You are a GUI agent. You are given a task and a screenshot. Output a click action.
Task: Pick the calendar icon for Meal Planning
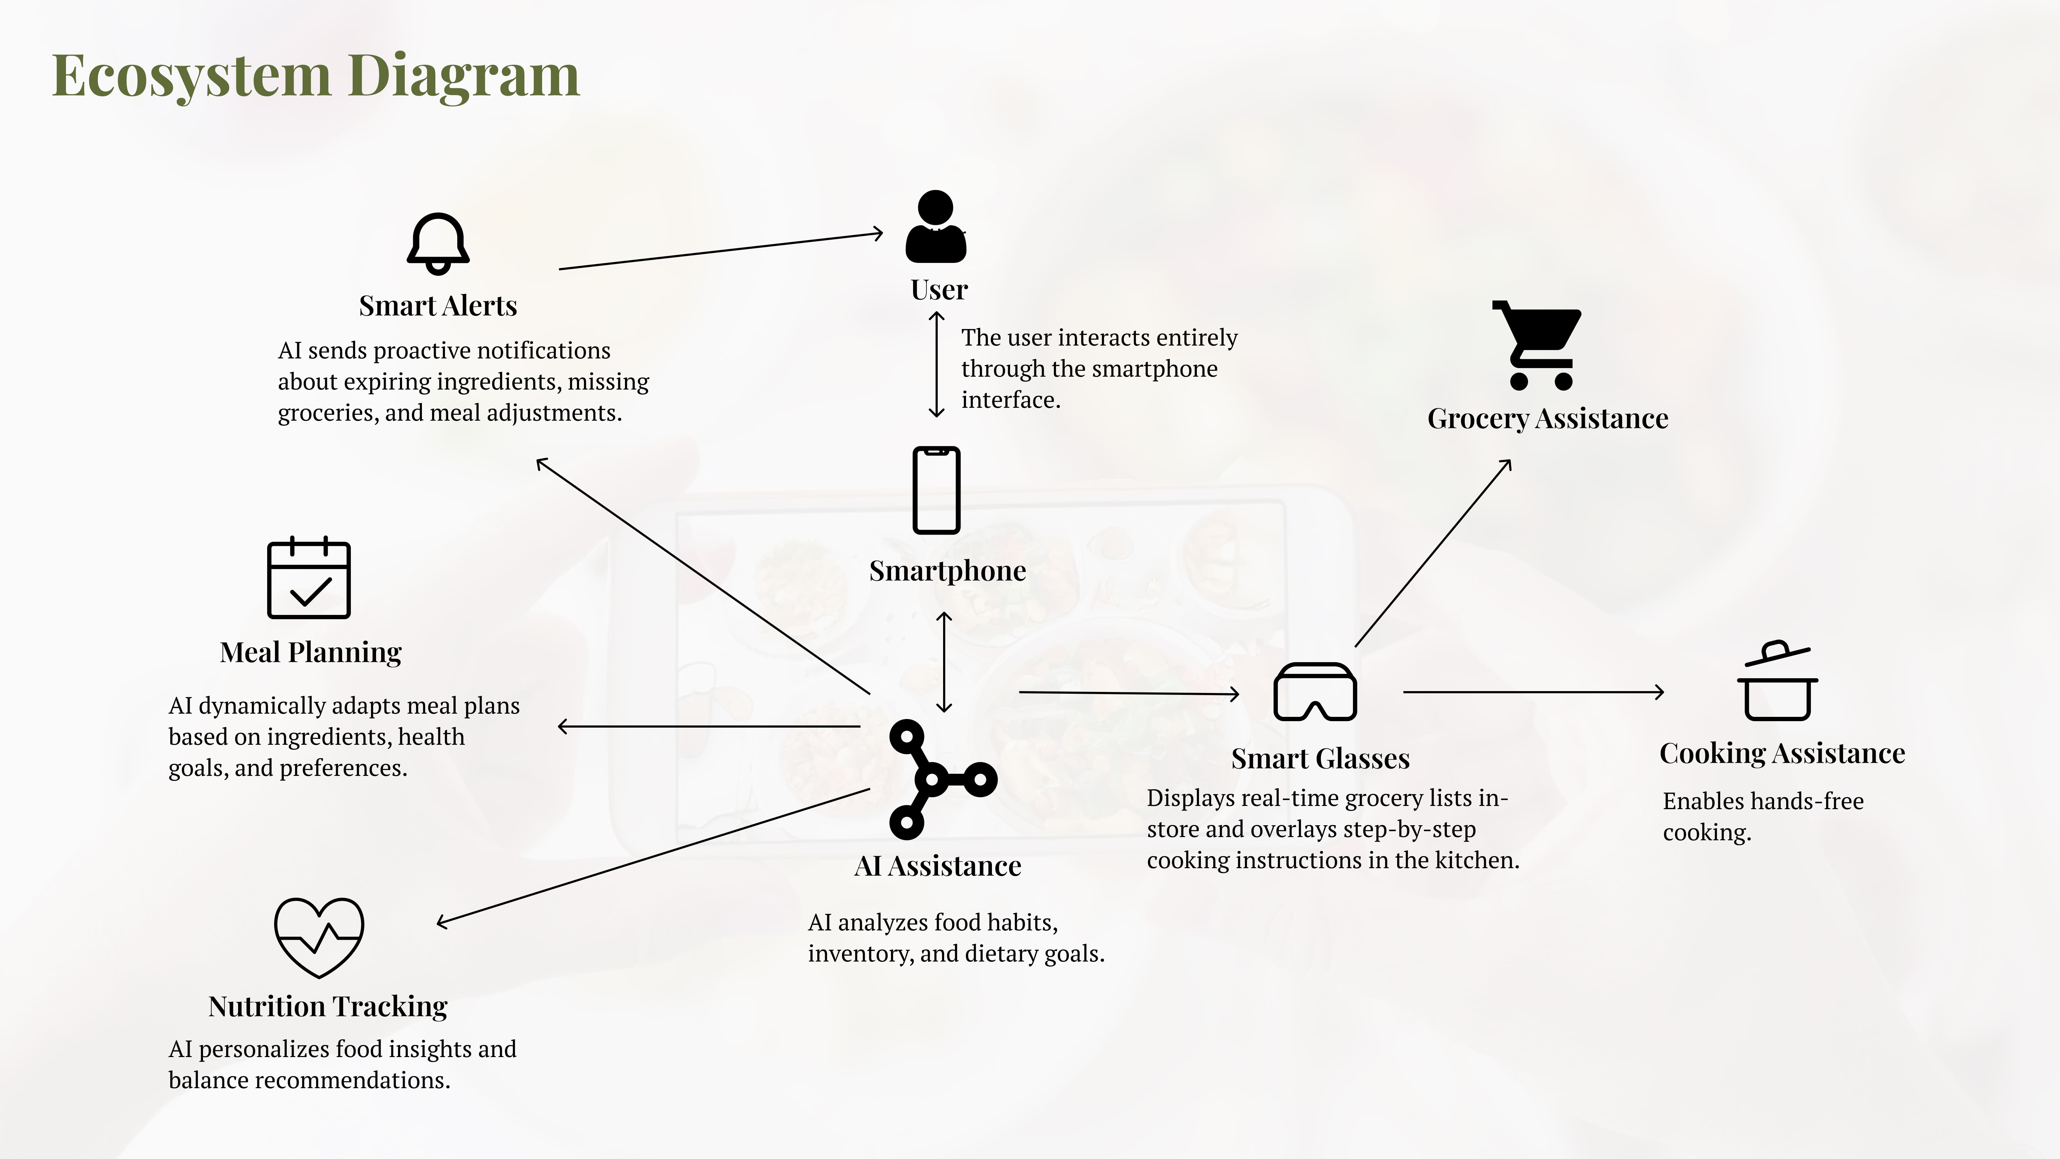click(309, 578)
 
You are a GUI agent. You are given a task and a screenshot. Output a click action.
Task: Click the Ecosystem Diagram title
click(316, 76)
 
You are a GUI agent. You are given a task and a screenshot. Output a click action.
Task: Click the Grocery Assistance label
click(1547, 418)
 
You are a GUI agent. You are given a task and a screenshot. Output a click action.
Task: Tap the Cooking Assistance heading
click(1782, 753)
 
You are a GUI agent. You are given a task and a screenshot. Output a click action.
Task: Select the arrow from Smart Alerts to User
click(720, 251)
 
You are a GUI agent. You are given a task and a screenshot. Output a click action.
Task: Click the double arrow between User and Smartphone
click(936, 365)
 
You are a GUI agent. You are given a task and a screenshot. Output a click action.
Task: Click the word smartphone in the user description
click(1156, 369)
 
